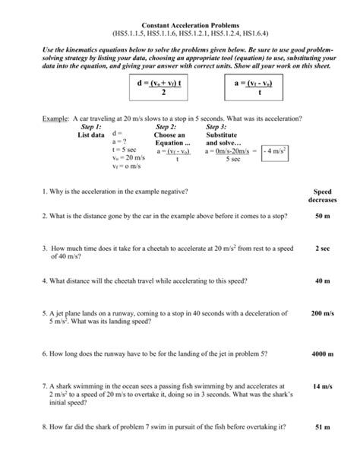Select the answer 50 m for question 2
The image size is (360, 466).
point(322,216)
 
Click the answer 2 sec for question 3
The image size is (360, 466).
point(322,248)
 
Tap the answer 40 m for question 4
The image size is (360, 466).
point(322,281)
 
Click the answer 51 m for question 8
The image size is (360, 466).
point(322,427)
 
